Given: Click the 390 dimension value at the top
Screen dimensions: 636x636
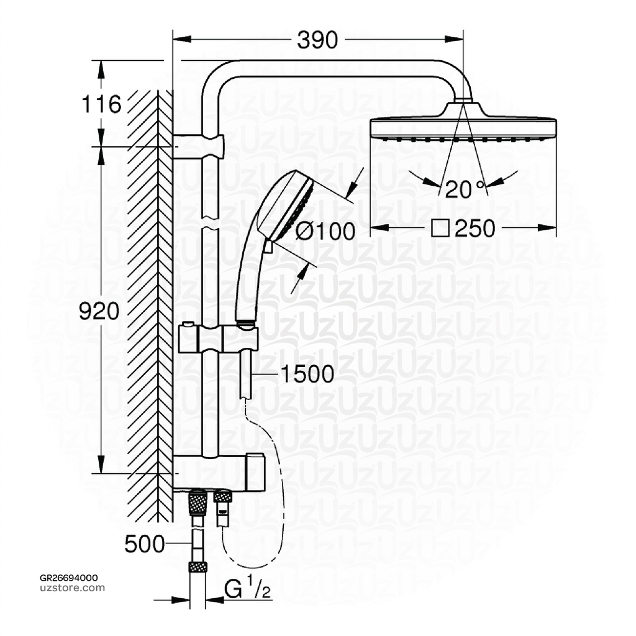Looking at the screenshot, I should (x=317, y=40).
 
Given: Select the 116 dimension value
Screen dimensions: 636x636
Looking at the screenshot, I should (x=102, y=104).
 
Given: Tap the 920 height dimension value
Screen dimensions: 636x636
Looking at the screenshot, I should (x=99, y=311).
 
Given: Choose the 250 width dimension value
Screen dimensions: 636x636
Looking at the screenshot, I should (x=475, y=229).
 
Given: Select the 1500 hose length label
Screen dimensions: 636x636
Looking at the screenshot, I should (x=307, y=374).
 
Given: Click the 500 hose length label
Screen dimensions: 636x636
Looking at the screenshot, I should (x=145, y=544).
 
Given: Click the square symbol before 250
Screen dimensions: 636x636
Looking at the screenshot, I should (x=439, y=229).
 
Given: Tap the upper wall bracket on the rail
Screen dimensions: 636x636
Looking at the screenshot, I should (x=199, y=146).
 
